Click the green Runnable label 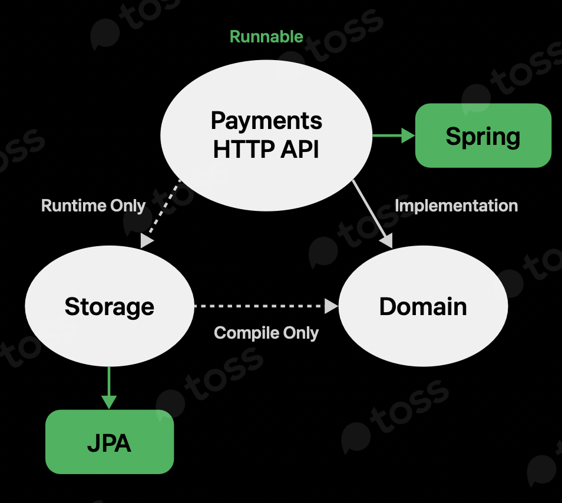point(266,37)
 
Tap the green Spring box point(483,136)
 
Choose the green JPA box point(110,442)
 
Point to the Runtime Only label point(93,206)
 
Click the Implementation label point(456,206)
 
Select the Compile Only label point(266,333)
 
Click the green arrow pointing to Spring point(394,136)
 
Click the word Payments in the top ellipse point(266,121)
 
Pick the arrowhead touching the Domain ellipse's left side point(332,306)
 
